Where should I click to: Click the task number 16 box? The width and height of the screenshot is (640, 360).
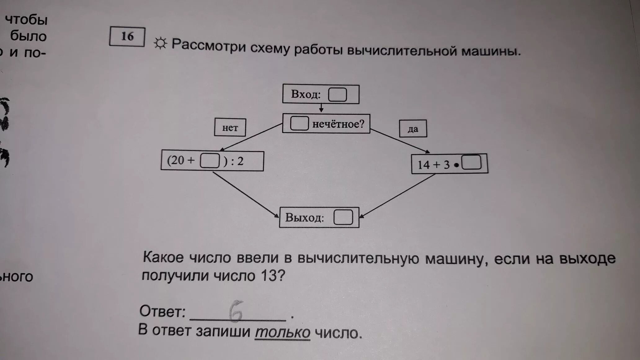(127, 37)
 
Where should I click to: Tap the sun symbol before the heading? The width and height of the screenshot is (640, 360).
(160, 43)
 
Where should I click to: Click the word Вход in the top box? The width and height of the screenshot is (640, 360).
(305, 94)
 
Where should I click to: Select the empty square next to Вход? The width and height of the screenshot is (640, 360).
(337, 95)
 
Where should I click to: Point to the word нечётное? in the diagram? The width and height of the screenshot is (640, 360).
(338, 124)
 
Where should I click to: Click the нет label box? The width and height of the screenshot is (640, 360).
(230, 127)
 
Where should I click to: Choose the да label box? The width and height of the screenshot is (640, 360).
(413, 129)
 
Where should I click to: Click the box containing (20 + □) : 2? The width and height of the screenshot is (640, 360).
(212, 161)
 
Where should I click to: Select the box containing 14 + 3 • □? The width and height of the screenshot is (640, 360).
(449, 164)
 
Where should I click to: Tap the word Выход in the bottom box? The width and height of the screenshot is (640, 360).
(304, 218)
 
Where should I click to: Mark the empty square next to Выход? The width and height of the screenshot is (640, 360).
(343, 217)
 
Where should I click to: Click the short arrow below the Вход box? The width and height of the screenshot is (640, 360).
(321, 108)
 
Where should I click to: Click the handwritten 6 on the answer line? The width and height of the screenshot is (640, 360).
(236, 311)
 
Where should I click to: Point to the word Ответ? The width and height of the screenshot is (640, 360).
(162, 311)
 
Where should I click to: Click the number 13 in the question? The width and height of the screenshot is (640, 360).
(269, 276)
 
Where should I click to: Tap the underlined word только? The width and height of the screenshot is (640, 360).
(282, 332)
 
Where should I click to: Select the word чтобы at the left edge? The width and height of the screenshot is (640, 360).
(26, 20)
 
